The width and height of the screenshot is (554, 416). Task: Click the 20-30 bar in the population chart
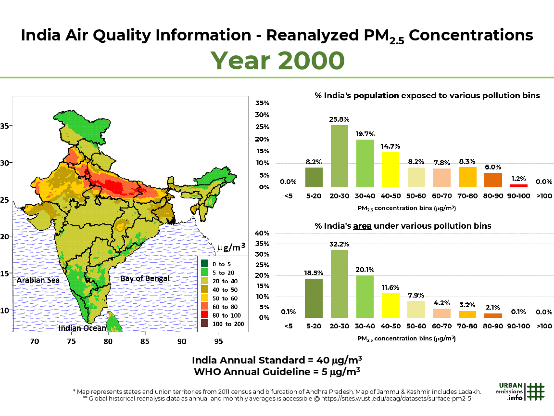point(339,156)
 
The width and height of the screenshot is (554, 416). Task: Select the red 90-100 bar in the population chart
point(518,185)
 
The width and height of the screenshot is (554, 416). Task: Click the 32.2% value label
point(339,244)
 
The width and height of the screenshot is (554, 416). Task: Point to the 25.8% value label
point(339,119)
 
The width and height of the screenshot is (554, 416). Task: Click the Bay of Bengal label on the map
point(145,278)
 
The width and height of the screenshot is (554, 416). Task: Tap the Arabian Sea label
point(38,280)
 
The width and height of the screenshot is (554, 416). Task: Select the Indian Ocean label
point(82,328)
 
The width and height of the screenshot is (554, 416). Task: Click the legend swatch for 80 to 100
point(205,315)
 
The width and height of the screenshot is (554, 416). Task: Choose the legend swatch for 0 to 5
point(205,263)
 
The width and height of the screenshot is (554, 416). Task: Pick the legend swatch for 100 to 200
point(205,324)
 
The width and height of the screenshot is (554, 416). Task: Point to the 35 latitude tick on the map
point(5,126)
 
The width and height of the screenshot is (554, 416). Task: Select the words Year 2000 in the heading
point(278,60)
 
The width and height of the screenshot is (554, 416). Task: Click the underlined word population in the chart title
point(376,95)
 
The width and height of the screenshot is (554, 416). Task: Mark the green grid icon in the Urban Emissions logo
point(535,391)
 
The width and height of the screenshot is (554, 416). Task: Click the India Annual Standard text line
point(277,360)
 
